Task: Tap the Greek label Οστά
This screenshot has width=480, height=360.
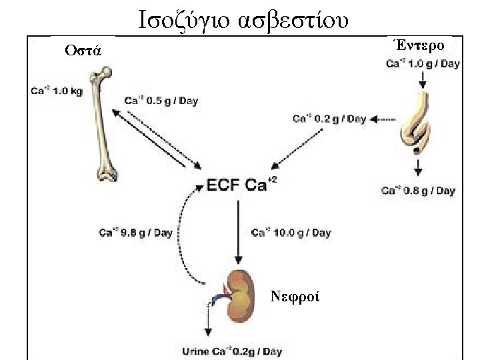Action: (83, 51)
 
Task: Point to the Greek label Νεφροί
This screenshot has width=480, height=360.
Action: (295, 296)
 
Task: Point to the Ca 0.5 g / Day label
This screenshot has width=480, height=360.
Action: (162, 101)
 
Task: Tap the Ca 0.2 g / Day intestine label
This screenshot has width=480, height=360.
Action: (329, 119)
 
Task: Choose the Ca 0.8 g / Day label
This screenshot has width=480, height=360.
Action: (418, 191)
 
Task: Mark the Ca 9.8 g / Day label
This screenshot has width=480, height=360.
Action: (135, 233)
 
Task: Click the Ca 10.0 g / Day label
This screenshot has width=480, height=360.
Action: (291, 233)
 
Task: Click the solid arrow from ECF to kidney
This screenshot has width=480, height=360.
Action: (237, 231)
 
